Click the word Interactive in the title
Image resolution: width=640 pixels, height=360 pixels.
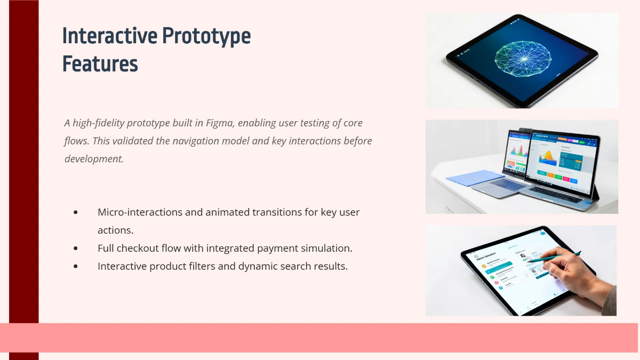(109, 36)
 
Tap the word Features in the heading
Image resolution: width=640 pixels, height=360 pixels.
(100, 63)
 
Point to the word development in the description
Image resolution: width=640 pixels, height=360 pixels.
(94, 158)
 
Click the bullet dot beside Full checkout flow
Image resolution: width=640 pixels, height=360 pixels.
(76, 249)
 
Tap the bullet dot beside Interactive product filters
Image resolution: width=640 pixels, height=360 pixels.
(76, 266)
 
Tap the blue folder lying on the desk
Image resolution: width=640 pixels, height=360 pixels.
(475, 178)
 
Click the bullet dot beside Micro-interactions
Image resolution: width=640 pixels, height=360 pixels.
(76, 212)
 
